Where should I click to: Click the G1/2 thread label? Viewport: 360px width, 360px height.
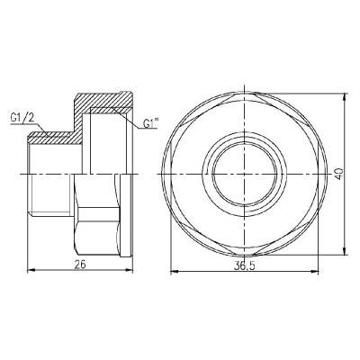click(23, 116)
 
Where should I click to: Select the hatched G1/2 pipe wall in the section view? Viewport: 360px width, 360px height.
click(54, 136)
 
